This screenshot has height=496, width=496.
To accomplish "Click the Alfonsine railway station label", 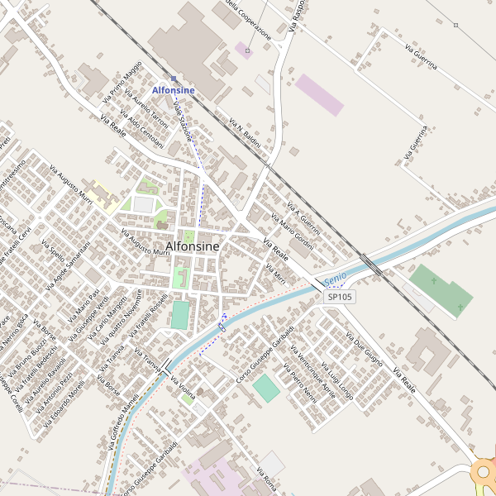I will coord(174,89).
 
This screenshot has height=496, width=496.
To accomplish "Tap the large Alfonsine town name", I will coord(193,246).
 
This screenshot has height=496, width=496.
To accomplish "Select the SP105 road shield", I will coord(339,297).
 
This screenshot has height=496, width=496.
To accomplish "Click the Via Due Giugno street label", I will coord(364,350).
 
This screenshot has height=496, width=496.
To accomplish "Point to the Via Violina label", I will coord(183,389).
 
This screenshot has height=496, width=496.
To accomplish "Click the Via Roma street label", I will coord(266,479).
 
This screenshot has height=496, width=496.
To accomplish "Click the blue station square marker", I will coord(174,79).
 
